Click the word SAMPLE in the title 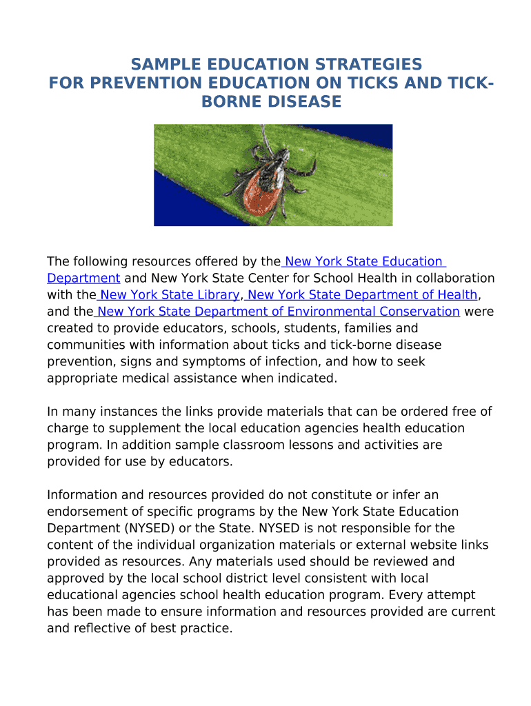[x=163, y=64]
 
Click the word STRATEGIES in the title [x=365, y=64]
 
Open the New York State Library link [x=170, y=295]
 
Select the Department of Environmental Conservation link [x=279, y=312]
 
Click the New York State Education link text [x=363, y=262]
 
